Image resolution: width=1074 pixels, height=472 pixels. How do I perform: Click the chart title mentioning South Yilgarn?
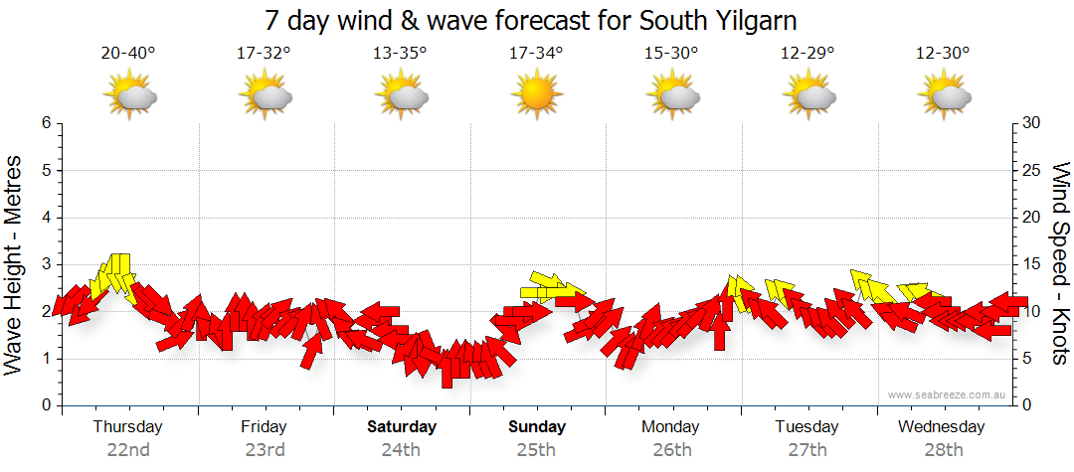click(x=531, y=21)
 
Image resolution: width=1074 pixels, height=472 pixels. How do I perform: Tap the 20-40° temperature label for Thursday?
click(x=128, y=54)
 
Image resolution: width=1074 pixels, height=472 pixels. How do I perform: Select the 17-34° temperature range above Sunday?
click(x=536, y=54)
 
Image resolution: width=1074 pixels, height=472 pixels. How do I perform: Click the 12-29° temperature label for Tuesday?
click(x=807, y=54)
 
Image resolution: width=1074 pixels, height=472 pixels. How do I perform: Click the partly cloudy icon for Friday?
click(x=265, y=97)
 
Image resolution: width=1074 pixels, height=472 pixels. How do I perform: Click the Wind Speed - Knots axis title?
click(x=1059, y=264)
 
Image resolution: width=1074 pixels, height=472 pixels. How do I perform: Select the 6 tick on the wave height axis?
click(x=46, y=123)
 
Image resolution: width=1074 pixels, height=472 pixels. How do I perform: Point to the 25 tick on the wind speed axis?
click(x=1032, y=170)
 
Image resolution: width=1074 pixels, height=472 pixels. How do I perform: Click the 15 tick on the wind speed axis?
click(x=1032, y=264)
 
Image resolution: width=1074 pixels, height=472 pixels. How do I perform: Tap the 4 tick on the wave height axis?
click(x=46, y=218)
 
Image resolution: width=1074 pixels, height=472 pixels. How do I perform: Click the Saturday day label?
click(x=401, y=427)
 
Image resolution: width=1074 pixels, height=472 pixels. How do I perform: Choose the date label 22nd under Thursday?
click(x=128, y=449)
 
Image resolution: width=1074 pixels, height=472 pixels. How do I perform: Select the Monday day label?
click(x=671, y=427)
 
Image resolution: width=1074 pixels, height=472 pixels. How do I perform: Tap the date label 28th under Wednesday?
click(x=943, y=449)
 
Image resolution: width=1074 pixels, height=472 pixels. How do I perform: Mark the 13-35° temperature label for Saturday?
click(x=400, y=54)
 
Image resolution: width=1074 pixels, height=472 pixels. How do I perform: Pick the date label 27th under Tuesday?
click(x=807, y=449)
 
